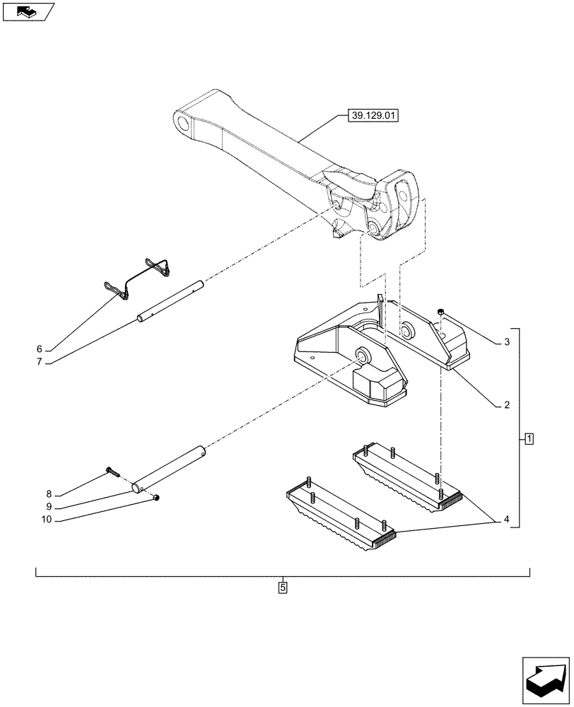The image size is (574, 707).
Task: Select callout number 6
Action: click(40, 349)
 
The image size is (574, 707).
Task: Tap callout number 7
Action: click(40, 362)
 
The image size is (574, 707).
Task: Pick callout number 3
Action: click(507, 342)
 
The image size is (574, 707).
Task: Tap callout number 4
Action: click(507, 520)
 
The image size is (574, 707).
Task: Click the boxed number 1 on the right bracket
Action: click(529, 439)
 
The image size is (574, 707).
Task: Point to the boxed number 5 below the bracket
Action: click(283, 587)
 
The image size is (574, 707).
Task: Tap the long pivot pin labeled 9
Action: click(170, 467)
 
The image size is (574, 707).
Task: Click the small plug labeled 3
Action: click(440, 312)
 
